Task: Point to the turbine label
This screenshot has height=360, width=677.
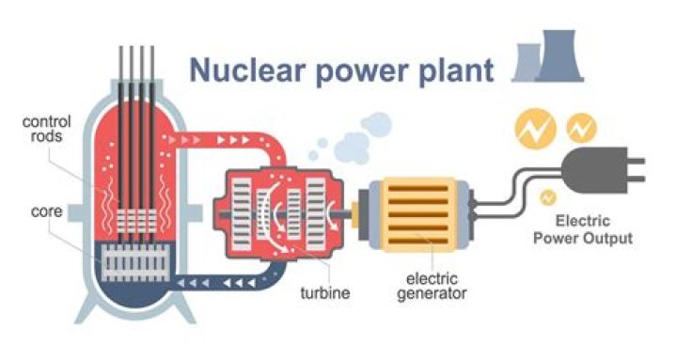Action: click(x=326, y=293)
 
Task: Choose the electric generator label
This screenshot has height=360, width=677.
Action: click(x=433, y=285)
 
